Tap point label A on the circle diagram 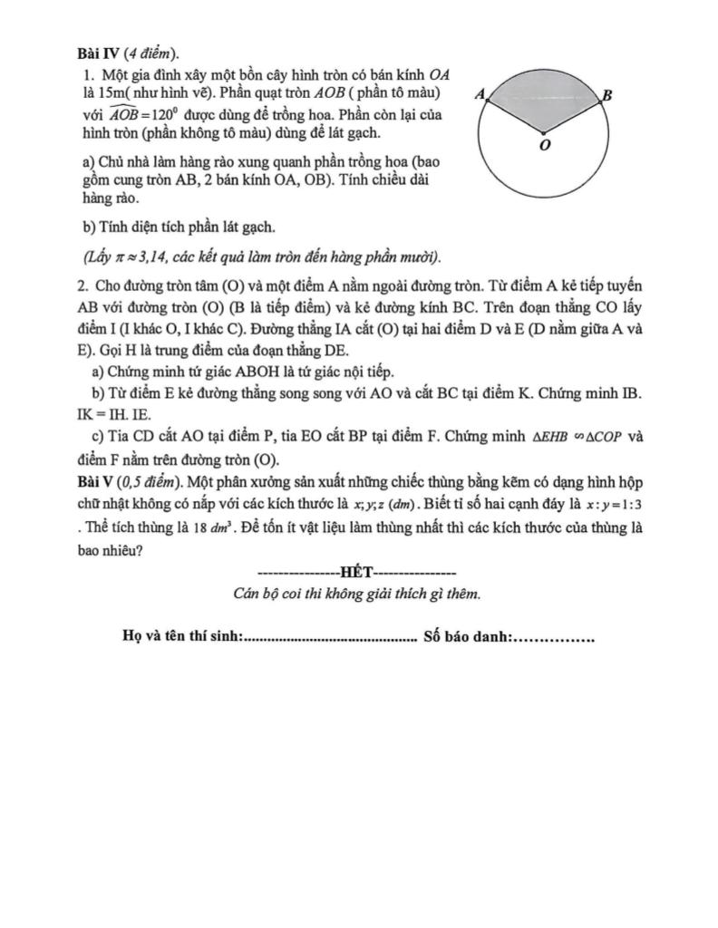[x=480, y=93]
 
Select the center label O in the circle [x=544, y=146]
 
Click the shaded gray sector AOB [x=544, y=100]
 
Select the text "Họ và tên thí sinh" [x=181, y=638]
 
